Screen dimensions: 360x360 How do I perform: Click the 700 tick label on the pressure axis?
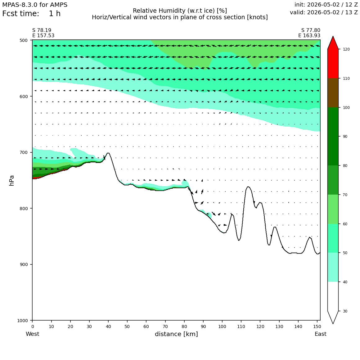point(23,152)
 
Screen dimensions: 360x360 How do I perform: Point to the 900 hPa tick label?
point(23,264)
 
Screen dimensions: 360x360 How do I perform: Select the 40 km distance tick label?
point(108,326)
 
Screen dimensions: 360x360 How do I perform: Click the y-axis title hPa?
point(11,180)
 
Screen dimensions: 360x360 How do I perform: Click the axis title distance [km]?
point(176,334)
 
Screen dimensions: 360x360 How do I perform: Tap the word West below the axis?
point(32,334)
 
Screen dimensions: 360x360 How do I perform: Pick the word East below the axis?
point(321,334)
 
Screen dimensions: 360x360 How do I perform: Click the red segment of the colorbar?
point(333,64)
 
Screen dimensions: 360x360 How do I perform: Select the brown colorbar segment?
point(333,93)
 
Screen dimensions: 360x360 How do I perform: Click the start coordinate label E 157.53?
point(43,36)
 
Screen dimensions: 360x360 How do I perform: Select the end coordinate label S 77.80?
point(311,30)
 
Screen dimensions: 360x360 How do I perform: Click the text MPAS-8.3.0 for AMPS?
point(35,5)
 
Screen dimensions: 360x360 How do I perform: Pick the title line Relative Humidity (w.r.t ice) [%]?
point(180,11)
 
